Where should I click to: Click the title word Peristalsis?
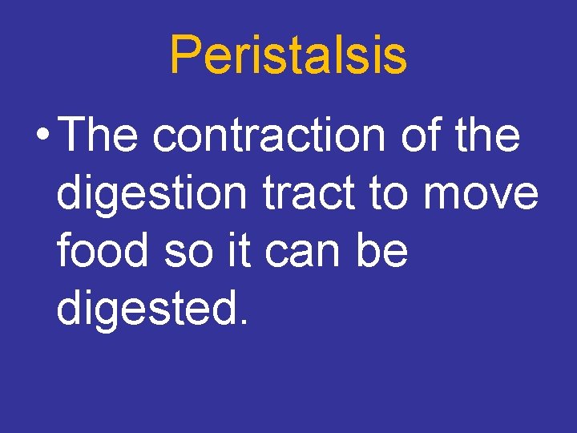288,55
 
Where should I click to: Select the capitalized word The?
99,135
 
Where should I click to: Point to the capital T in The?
75,135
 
